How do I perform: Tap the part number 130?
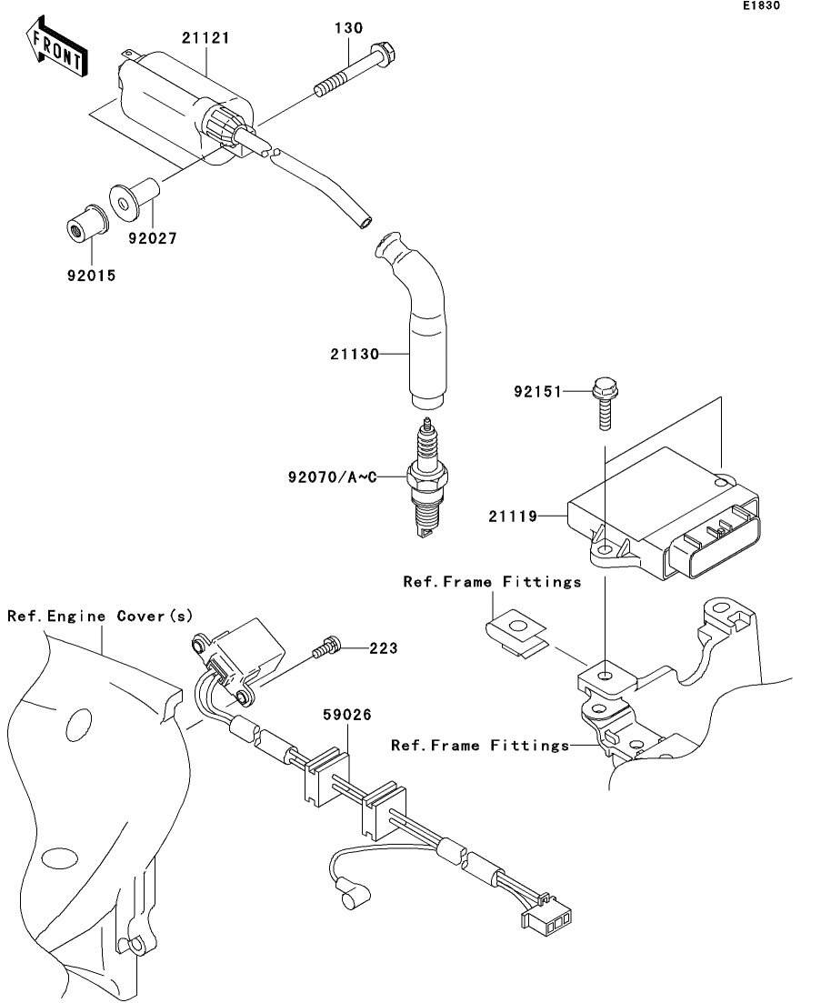pyautogui.click(x=348, y=28)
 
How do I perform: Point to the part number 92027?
pyautogui.click(x=152, y=238)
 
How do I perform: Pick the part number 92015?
pyautogui.click(x=91, y=274)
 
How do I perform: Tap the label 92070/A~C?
pyautogui.click(x=331, y=475)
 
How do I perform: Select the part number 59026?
pyautogui.click(x=347, y=716)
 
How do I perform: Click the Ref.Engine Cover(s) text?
pyautogui.click(x=101, y=616)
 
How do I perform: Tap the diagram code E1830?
pyautogui.click(x=760, y=6)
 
